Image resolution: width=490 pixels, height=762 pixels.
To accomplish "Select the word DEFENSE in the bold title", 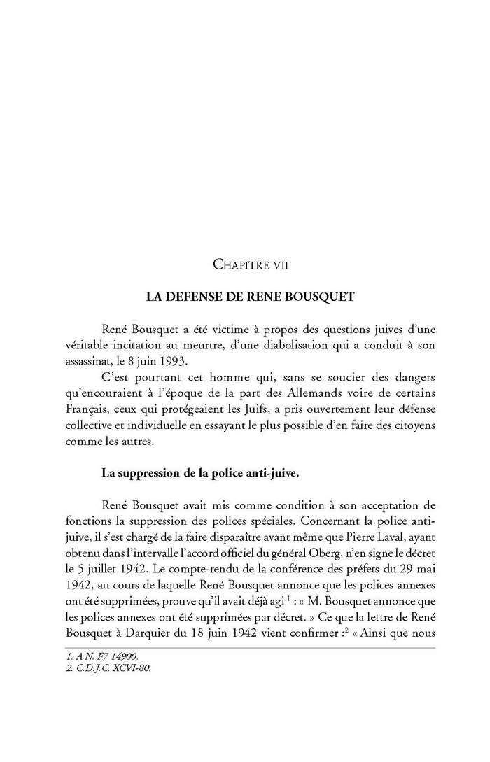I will click(x=195, y=296).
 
